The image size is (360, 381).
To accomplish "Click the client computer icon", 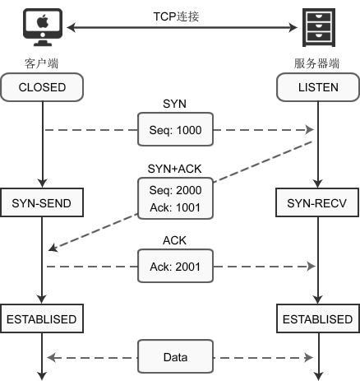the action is coord(43,27).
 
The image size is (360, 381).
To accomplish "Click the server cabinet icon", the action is coord(319,27).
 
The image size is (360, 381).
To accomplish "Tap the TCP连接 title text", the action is coord(176,16).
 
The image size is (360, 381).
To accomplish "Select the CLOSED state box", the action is coord(42,87).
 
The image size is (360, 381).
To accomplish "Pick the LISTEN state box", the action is coord(318,87).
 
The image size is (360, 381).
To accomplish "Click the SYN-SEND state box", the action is coord(42,202).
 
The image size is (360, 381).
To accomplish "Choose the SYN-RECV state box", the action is coord(317,202).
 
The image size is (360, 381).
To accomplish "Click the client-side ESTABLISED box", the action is coord(42,318).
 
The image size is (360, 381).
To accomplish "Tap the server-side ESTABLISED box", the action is coord(318,318).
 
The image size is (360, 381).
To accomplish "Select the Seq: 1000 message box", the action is coord(175,129).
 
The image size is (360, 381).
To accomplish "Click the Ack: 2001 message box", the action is coord(175,266).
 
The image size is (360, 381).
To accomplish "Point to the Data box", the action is coord(175,356).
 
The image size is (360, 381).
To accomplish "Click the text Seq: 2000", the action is coord(175,190).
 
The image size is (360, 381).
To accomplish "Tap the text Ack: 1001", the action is coord(175,207).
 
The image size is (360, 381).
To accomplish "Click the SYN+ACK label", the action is coord(174,169).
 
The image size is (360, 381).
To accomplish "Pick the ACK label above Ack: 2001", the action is coord(174,240).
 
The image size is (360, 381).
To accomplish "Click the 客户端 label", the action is coord(41,63).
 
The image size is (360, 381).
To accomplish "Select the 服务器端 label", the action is coord(316,63).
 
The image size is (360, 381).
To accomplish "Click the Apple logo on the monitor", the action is coord(43,21).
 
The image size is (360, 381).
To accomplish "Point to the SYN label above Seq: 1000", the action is coord(174,104).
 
